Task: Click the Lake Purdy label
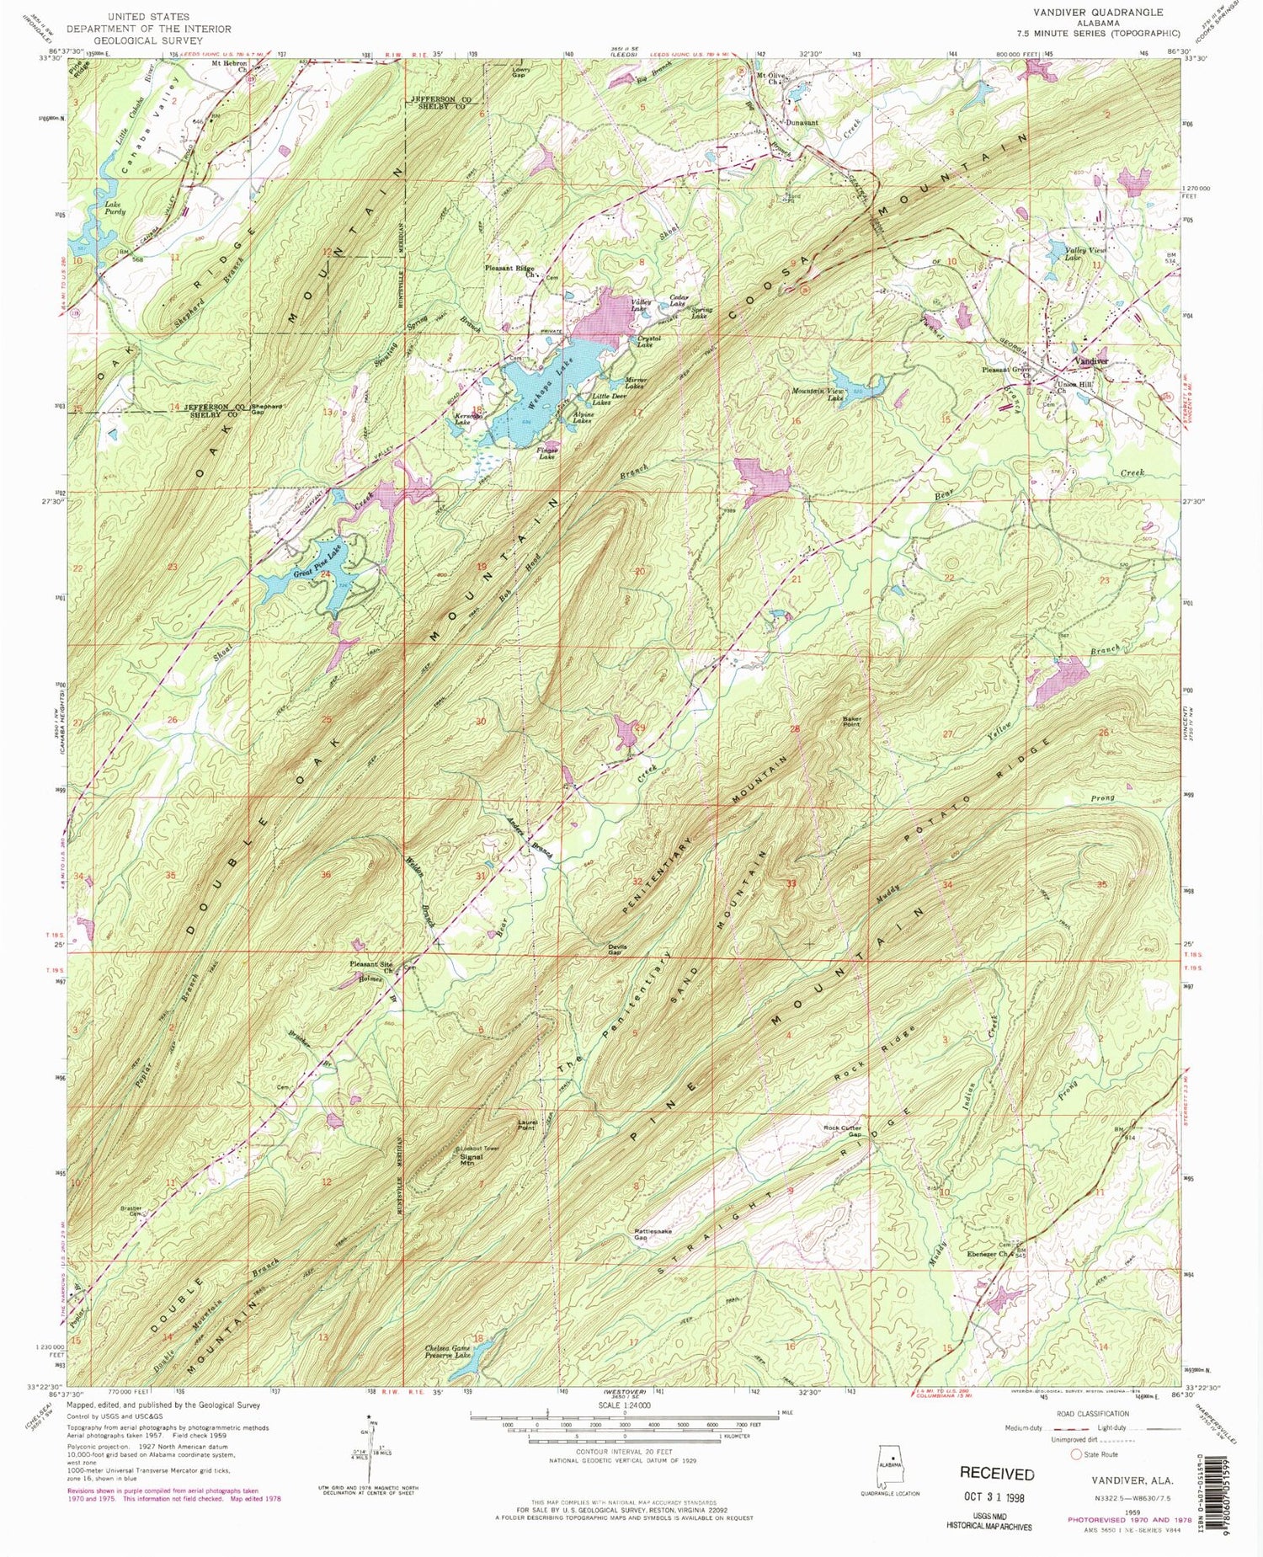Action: tap(115, 208)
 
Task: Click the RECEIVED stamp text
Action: tap(997, 1474)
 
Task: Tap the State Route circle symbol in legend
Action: tap(1076, 1453)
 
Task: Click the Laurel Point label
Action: tap(527, 1125)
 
